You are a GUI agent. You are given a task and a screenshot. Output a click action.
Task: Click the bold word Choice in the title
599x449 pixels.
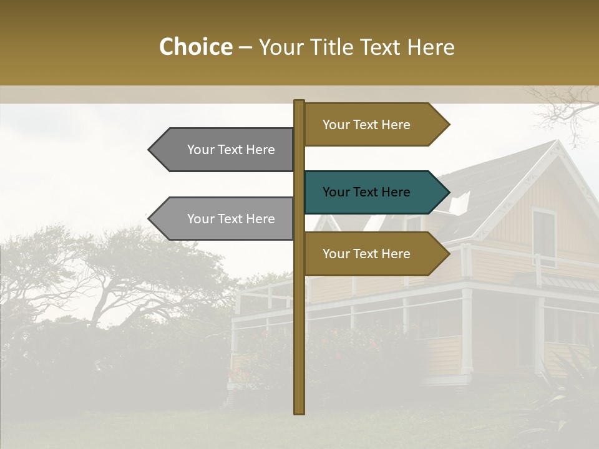[x=195, y=47]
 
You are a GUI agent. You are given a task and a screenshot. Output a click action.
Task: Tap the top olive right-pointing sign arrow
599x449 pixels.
[x=374, y=125]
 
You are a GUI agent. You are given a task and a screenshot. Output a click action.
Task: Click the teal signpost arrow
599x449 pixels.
[x=374, y=192]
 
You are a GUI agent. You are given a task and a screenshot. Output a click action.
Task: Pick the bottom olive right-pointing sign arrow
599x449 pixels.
[x=374, y=254]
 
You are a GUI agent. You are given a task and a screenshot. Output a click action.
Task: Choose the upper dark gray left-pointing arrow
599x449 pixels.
[x=225, y=150]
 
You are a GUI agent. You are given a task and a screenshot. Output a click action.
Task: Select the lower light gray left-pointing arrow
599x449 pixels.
[x=225, y=218]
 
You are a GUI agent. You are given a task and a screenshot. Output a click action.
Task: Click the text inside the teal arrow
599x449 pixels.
[x=366, y=192]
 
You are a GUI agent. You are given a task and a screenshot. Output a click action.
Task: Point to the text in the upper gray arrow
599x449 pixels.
[x=231, y=150]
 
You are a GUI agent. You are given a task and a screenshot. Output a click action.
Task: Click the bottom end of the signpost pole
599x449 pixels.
[x=299, y=412]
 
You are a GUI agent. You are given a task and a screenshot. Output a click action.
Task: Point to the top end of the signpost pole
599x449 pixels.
[x=299, y=102]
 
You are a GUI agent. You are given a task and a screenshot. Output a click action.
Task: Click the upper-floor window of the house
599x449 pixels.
[x=543, y=237]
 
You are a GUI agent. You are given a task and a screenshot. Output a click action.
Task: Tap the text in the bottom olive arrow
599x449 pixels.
[x=366, y=254]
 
